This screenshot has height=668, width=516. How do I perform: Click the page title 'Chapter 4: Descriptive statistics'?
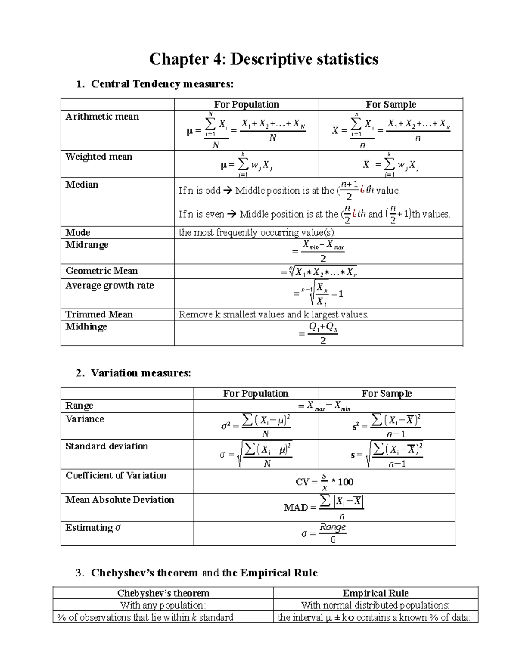[x=264, y=59]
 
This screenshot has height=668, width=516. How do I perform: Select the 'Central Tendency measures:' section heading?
[x=162, y=84]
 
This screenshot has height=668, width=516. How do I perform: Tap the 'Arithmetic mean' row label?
[x=102, y=117]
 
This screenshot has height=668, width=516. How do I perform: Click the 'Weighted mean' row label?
[x=99, y=157]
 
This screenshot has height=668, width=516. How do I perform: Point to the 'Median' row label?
[x=82, y=185]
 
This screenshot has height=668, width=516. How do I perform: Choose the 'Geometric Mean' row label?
[x=101, y=271]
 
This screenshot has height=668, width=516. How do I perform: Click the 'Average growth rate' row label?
[x=109, y=286]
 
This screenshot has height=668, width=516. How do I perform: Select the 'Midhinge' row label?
[x=86, y=327]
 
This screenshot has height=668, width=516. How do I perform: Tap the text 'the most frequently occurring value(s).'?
[x=257, y=233]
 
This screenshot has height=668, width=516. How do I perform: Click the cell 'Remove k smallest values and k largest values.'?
[x=273, y=314]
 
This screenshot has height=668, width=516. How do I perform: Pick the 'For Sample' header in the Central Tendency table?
[x=390, y=105]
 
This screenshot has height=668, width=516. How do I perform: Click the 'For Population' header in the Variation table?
[x=255, y=394]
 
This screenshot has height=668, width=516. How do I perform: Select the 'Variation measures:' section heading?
[x=141, y=373]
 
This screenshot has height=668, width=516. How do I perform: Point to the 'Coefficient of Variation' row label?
[x=116, y=475]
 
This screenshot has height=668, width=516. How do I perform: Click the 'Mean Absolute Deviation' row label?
[x=120, y=500]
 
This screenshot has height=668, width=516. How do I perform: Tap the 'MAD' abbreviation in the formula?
[x=296, y=508]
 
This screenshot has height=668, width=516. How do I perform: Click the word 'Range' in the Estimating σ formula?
[x=332, y=527]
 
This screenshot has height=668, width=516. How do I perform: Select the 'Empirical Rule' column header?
[x=375, y=593]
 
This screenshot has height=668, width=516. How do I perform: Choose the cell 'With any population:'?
[x=163, y=605]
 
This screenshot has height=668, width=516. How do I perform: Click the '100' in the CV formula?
[x=345, y=482]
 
